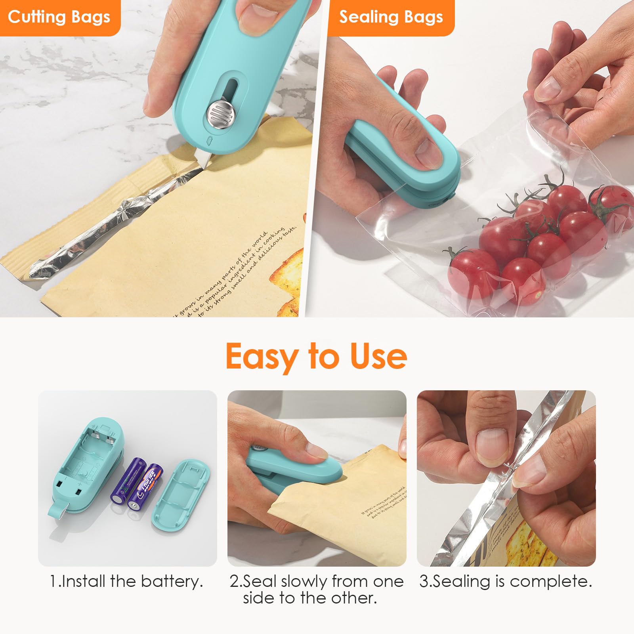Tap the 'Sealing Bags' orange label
point(391,17)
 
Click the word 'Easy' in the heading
point(262,357)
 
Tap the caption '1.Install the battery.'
point(126,581)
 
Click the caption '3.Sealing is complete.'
point(506,581)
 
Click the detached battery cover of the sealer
point(181,495)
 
